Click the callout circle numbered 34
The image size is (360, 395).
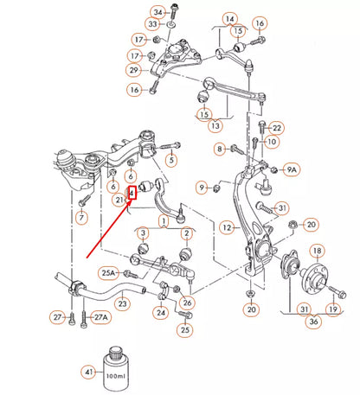pos(157,11)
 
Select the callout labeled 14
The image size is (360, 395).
pos(229,19)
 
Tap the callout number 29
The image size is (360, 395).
pos(134,70)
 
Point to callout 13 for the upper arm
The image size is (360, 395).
pos(215,125)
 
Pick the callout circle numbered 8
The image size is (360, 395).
pos(220,150)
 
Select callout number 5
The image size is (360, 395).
pos(171,159)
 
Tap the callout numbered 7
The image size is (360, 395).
pos(81,220)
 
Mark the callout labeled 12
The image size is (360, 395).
pos(226,228)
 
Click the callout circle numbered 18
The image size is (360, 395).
pos(318,252)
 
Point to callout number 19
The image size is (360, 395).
pos(331,309)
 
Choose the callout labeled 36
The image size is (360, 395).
pos(313,322)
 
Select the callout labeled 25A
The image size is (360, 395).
pos(108,272)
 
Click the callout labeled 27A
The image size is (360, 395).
pos(102,318)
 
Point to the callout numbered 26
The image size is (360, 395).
pos(188,303)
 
